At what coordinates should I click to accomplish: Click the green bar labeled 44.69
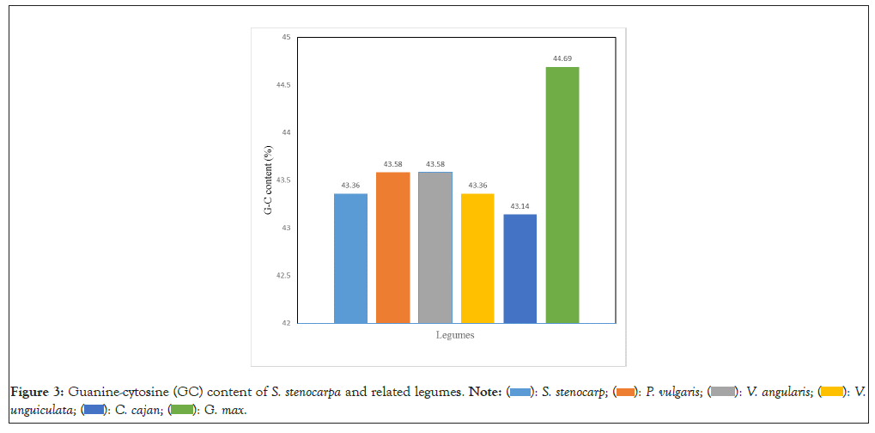click(x=562, y=195)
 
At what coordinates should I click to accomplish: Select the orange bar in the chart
click(x=392, y=247)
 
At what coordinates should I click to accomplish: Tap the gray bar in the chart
click(x=434, y=247)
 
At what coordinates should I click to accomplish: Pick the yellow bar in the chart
click(x=477, y=258)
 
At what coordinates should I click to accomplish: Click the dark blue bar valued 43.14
click(x=520, y=268)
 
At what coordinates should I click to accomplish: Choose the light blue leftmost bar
click(x=350, y=258)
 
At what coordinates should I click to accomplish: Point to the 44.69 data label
click(x=562, y=58)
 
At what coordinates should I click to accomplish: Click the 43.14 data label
click(x=520, y=206)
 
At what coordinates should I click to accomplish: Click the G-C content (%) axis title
click(x=269, y=180)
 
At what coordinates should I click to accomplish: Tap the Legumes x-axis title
click(x=454, y=335)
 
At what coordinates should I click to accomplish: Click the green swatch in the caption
click(x=181, y=410)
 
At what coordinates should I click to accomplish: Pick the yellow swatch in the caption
click(x=831, y=393)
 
